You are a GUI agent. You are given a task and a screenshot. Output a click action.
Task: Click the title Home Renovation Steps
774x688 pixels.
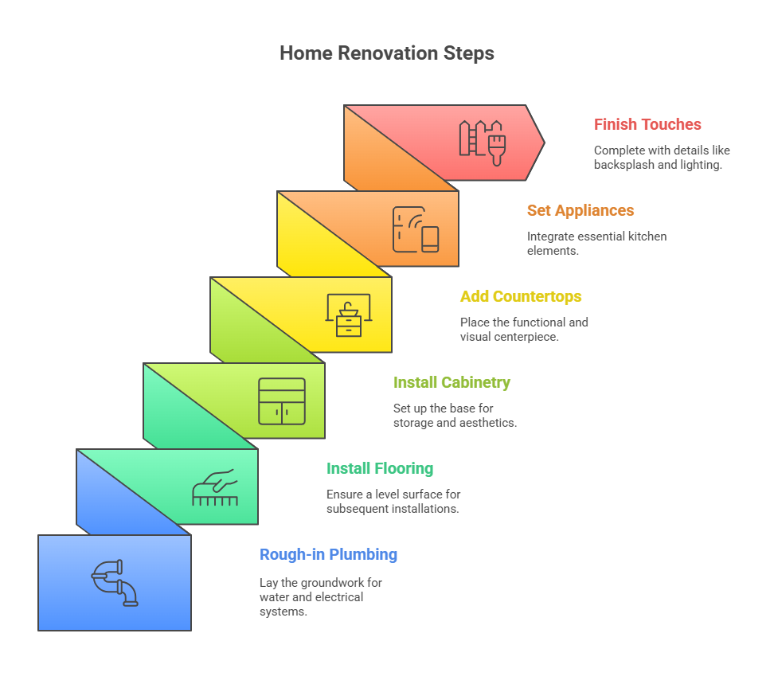pos(387,53)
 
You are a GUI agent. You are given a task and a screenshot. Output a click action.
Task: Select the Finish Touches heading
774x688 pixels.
pos(647,124)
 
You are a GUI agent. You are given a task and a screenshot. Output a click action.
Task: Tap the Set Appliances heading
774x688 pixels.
pos(580,210)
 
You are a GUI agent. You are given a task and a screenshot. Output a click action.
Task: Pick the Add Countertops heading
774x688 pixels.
pos(521,296)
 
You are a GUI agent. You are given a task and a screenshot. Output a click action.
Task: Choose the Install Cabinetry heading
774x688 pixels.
pos(451,382)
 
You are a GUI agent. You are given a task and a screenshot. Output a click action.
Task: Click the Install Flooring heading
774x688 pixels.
pos(380,468)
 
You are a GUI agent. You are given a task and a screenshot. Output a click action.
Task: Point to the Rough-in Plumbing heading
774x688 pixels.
pos(328,554)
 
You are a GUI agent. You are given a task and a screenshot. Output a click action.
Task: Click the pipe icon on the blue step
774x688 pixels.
pos(115,583)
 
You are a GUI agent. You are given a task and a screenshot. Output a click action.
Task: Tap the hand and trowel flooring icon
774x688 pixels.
pos(215,487)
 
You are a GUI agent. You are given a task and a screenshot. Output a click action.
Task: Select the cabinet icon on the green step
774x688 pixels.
pos(282,401)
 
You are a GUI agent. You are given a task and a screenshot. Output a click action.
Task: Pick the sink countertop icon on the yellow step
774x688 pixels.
pos(349,315)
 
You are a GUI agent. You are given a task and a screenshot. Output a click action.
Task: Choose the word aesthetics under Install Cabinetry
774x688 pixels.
pos(488,423)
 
